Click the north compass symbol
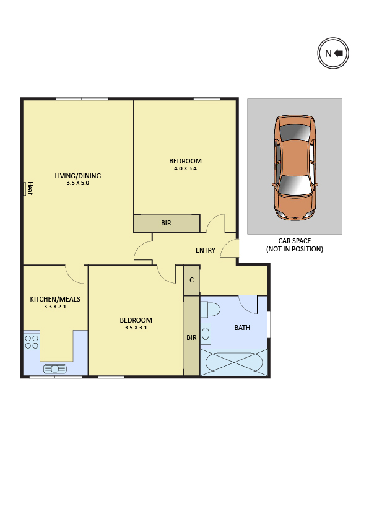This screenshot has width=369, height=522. (332, 53)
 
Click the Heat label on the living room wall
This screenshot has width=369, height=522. (30, 188)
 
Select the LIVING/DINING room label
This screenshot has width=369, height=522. (78, 176)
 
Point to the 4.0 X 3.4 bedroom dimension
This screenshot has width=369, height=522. (185, 168)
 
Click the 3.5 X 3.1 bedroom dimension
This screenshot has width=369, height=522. (136, 328)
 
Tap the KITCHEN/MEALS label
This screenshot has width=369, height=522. (55, 299)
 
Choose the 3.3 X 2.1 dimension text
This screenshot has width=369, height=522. (55, 307)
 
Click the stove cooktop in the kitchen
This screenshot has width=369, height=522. (32, 342)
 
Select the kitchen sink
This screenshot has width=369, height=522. (55, 369)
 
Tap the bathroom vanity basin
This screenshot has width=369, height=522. (206, 334)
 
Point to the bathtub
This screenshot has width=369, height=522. (234, 362)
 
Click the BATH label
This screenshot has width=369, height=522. (242, 328)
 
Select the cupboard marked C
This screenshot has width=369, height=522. (192, 280)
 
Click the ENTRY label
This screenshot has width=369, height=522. (206, 250)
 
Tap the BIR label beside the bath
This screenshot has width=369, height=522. (191, 337)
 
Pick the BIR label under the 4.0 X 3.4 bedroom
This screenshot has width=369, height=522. (166, 223)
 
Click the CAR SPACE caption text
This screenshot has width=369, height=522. (295, 241)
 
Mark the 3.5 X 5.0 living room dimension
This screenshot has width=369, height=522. (78, 183)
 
